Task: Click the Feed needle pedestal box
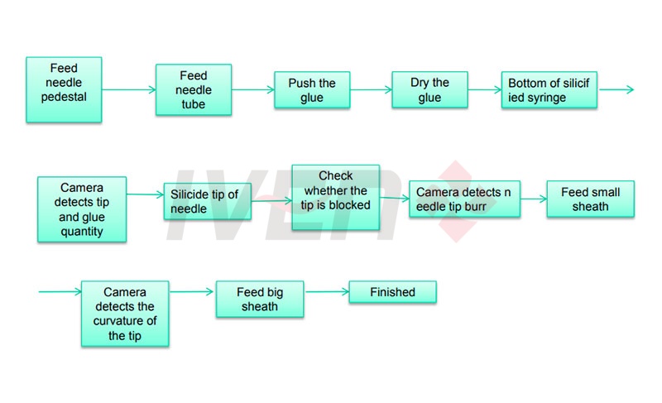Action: [x=64, y=89]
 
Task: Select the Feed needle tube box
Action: [x=194, y=89]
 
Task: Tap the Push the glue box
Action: [x=312, y=90]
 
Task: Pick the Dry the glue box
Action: [x=429, y=90]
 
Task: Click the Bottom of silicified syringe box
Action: [x=549, y=90]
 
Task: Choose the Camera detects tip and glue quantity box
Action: [x=82, y=209]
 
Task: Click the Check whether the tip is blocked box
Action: [x=335, y=198]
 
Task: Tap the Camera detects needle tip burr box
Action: [x=464, y=199]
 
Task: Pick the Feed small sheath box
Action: [x=590, y=199]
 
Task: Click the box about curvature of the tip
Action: [x=125, y=314]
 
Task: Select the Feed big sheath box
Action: [x=260, y=299]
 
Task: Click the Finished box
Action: [x=392, y=292]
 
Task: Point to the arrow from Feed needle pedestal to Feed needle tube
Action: [x=128, y=90]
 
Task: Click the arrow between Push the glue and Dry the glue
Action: [x=371, y=90]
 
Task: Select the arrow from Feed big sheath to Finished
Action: [x=326, y=291]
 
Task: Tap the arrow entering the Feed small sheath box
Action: [x=534, y=199]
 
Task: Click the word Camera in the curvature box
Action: [x=125, y=292]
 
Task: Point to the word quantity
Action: [x=82, y=231]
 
